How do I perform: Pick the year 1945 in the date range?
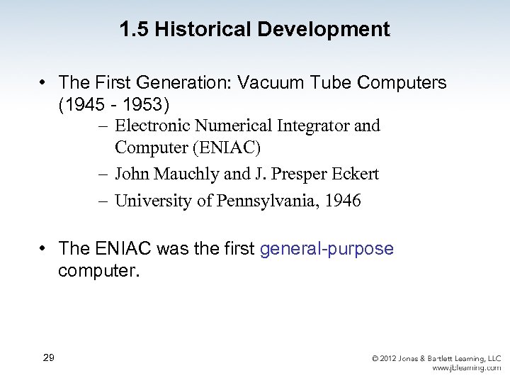pyautogui.click(x=82, y=105)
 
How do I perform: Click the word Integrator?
pyautogui.click(x=310, y=126)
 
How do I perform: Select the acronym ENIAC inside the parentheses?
pyautogui.click(x=220, y=148)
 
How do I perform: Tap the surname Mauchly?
pyautogui.click(x=188, y=174)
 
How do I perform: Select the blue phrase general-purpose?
pyautogui.click(x=327, y=249)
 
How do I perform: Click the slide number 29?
pyautogui.click(x=48, y=357)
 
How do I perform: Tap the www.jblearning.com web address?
pyautogui.click(x=466, y=368)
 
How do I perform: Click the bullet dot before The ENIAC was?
pyautogui.click(x=44, y=249)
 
